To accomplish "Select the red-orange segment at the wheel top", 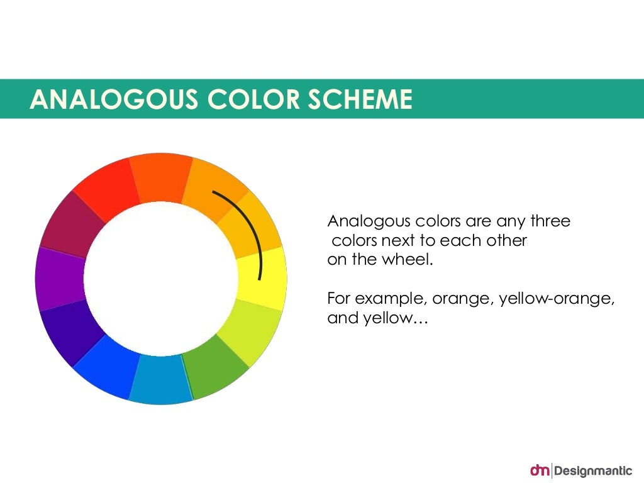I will click(161, 178).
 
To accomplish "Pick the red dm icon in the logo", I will click(540, 470).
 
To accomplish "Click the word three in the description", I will click(550, 221).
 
